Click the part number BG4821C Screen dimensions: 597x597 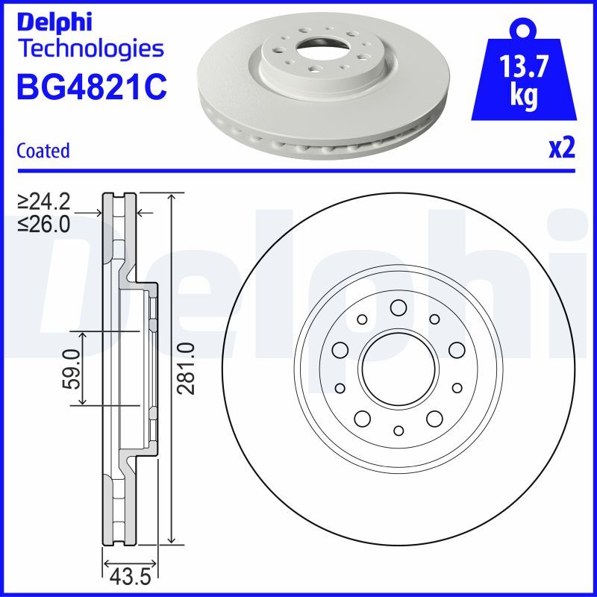pyautogui.click(x=90, y=87)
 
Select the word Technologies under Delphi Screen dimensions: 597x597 pyautogui.click(x=90, y=49)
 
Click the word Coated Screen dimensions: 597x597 pyautogui.click(x=43, y=151)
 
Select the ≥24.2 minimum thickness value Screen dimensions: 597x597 pyautogui.click(x=44, y=201)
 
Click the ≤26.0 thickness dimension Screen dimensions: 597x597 pyautogui.click(x=44, y=223)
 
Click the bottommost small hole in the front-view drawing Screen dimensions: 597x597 pyautogui.click(x=398, y=431)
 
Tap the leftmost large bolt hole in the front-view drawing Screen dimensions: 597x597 pyautogui.click(x=340, y=350)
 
